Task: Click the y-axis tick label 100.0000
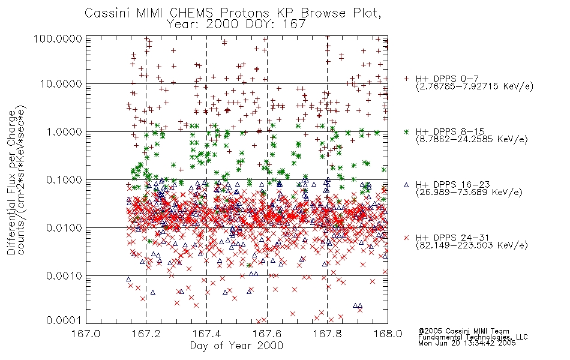pyautogui.click(x=58, y=38)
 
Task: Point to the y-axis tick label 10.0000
pyautogui.click(x=61, y=84)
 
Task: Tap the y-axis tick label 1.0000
pyautogui.click(x=64, y=131)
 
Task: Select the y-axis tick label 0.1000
pyautogui.click(x=64, y=179)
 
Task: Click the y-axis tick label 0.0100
pyautogui.click(x=64, y=228)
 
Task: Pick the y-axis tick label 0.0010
pyautogui.click(x=64, y=276)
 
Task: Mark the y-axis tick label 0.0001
pyautogui.click(x=64, y=320)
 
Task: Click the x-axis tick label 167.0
pyautogui.click(x=86, y=334)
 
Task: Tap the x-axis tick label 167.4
pyautogui.click(x=206, y=334)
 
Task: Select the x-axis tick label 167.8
pyautogui.click(x=327, y=334)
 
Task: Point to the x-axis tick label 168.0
pyautogui.click(x=388, y=334)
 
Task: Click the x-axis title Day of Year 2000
pyautogui.click(x=236, y=346)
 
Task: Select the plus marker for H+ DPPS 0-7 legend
pyautogui.click(x=406, y=79)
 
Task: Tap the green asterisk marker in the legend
pyautogui.click(x=406, y=131)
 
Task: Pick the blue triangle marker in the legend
pyautogui.click(x=406, y=185)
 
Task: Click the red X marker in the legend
pyautogui.click(x=406, y=238)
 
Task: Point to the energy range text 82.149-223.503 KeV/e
pyautogui.click(x=472, y=245)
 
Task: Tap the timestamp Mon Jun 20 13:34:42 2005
pyautogui.click(x=467, y=343)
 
